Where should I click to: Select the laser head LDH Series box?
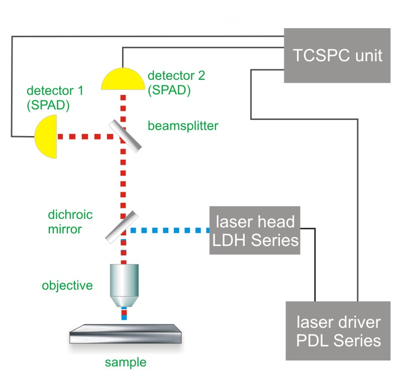(255, 230)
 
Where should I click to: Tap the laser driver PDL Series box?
(338, 331)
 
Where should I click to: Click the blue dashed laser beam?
(171, 230)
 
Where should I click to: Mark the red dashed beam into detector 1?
(83, 136)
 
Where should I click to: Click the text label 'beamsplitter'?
(183, 126)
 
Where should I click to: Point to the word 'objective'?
(67, 286)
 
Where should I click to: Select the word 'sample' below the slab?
(126, 362)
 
